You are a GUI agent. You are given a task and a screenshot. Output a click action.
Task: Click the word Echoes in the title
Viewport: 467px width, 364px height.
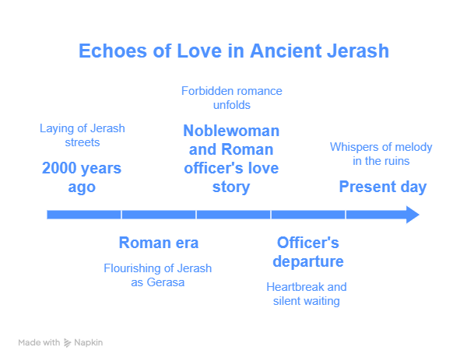[x=113, y=51]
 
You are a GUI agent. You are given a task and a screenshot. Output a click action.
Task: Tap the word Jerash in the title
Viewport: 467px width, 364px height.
[x=358, y=51]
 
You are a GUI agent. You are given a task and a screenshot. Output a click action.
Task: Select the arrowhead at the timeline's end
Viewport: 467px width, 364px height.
[x=413, y=215]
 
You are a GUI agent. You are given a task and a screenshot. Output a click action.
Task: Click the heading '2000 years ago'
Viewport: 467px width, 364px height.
[x=82, y=177]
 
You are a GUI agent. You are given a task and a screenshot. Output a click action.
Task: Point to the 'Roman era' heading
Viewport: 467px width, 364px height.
[x=159, y=243]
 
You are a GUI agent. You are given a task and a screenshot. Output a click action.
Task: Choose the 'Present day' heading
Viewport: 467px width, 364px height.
[x=383, y=187]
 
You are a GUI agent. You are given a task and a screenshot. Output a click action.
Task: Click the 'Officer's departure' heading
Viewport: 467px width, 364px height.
[x=308, y=252]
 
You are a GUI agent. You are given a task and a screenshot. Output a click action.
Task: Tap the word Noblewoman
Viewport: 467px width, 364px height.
[x=231, y=131]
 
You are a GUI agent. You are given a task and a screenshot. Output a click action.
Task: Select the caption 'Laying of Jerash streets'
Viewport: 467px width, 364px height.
[x=83, y=135]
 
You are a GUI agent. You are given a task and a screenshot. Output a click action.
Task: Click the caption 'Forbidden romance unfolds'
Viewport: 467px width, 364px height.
[x=232, y=98]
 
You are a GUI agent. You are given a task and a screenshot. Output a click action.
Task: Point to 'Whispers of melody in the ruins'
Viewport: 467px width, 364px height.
[x=381, y=154]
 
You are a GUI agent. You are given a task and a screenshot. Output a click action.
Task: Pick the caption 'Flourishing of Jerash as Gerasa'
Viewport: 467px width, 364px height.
[x=157, y=275]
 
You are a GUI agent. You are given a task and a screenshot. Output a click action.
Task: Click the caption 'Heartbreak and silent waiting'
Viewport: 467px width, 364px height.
[x=307, y=294]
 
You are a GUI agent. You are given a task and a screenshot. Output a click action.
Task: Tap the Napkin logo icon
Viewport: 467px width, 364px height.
[x=68, y=343]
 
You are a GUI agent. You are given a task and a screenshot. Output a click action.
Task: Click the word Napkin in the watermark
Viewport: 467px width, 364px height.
[x=89, y=343]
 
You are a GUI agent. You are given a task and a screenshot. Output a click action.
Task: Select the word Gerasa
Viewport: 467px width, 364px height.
[x=166, y=282]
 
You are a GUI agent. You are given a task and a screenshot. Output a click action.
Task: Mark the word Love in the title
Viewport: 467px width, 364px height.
[x=199, y=51]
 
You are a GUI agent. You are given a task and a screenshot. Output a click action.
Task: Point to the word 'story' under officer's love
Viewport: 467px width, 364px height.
[x=231, y=187]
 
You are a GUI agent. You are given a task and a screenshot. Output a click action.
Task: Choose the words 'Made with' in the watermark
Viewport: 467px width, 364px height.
[x=39, y=342]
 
